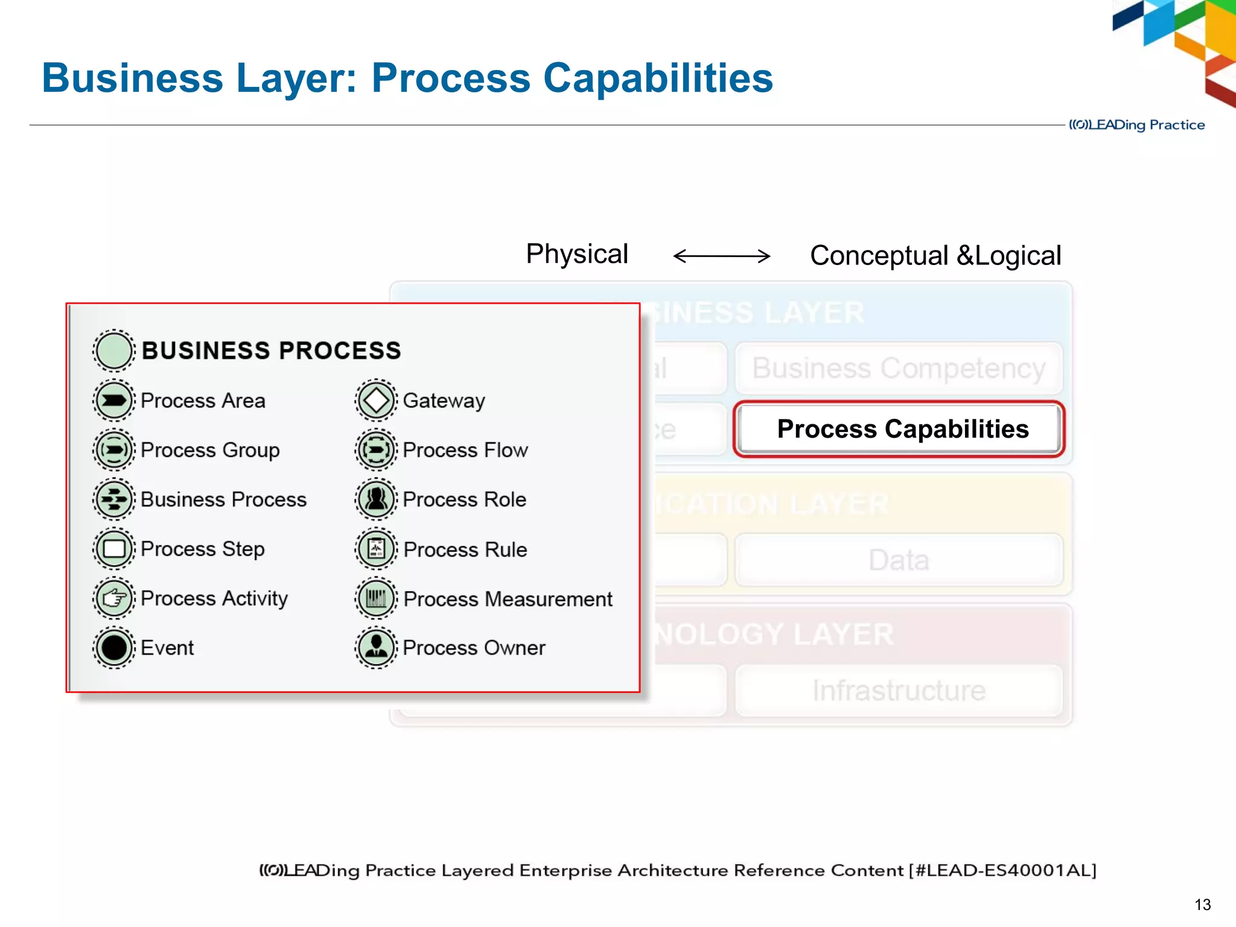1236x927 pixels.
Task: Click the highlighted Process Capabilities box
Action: pyautogui.click(x=899, y=429)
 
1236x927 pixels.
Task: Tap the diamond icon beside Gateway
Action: pyautogui.click(x=376, y=400)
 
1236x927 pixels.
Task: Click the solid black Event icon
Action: pyautogui.click(x=113, y=648)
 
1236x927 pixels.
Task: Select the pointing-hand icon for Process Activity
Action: pyautogui.click(x=113, y=598)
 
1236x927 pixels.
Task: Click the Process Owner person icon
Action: pyautogui.click(x=376, y=648)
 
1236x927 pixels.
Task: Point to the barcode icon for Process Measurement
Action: pyautogui.click(x=376, y=598)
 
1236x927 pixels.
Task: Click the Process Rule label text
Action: pyautogui.click(x=465, y=549)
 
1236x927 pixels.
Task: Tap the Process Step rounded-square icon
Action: pyautogui.click(x=113, y=549)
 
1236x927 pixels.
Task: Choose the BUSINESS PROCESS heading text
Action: pyautogui.click(x=271, y=351)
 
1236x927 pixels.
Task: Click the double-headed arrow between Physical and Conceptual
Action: pyautogui.click(x=721, y=256)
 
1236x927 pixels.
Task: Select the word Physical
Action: pyautogui.click(x=576, y=254)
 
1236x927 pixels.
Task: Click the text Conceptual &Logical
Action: pyautogui.click(x=935, y=256)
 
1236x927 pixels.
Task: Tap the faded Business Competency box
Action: pyautogui.click(x=898, y=368)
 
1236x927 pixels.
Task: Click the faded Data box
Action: pyautogui.click(x=898, y=559)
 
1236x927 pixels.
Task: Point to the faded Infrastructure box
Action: pyautogui.click(x=898, y=690)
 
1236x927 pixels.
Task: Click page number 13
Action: pyautogui.click(x=1202, y=905)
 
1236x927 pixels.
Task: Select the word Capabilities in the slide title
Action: pyautogui.click(x=657, y=78)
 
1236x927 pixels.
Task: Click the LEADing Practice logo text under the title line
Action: pyautogui.click(x=1136, y=125)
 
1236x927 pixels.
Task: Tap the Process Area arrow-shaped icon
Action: pyautogui.click(x=113, y=400)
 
